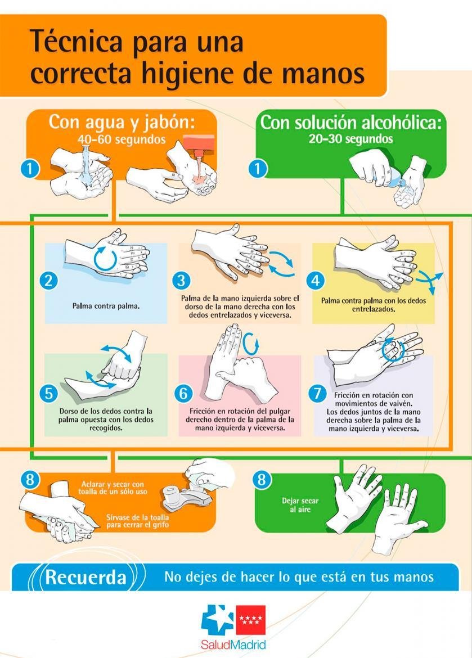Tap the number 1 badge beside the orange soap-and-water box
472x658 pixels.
pyautogui.click(x=29, y=169)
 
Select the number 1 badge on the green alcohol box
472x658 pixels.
pyautogui.click(x=258, y=169)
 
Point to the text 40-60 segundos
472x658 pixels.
pyautogui.click(x=122, y=139)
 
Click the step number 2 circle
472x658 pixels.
pyautogui.click(x=49, y=280)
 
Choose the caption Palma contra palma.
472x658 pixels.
pyautogui.click(x=106, y=306)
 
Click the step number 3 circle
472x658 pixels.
pyautogui.click(x=181, y=280)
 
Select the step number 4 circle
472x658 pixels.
pyautogui.click(x=316, y=280)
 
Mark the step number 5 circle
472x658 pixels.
pyautogui.click(x=49, y=393)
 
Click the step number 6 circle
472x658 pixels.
pyautogui.click(x=183, y=393)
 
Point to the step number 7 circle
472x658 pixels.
pyautogui.click(x=317, y=393)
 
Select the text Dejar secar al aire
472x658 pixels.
pyautogui.click(x=300, y=505)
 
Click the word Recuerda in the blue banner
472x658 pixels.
pyautogui.click(x=86, y=577)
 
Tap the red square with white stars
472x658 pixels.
pyautogui.click(x=251, y=620)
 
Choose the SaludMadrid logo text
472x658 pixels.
pyautogui.click(x=233, y=644)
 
